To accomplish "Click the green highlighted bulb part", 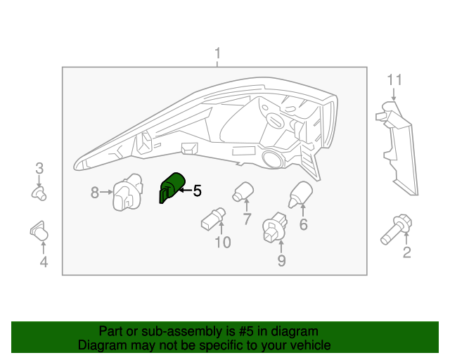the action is coord(172,188).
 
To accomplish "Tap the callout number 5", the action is coord(197,191).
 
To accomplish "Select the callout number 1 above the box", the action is coord(218,53).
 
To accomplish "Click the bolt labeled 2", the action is coord(397,229).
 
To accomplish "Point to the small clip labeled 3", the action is coord(39,193).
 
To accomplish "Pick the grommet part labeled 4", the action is coord(39,231).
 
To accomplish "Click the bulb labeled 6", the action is coord(300,194).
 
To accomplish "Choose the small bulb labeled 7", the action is coord(243,192).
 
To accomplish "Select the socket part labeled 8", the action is coord(128,192).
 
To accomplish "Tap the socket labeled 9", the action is coord(275,227).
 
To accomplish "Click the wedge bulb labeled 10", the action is coord(213,219).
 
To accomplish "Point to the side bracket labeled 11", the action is coord(397,148).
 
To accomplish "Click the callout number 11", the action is coord(394,80).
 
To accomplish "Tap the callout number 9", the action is coord(281,261).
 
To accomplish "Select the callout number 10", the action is coord(223,243).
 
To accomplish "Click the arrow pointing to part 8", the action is coord(106,192).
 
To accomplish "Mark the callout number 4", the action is coord(44,262).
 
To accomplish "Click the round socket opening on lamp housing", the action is coord(272,159).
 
